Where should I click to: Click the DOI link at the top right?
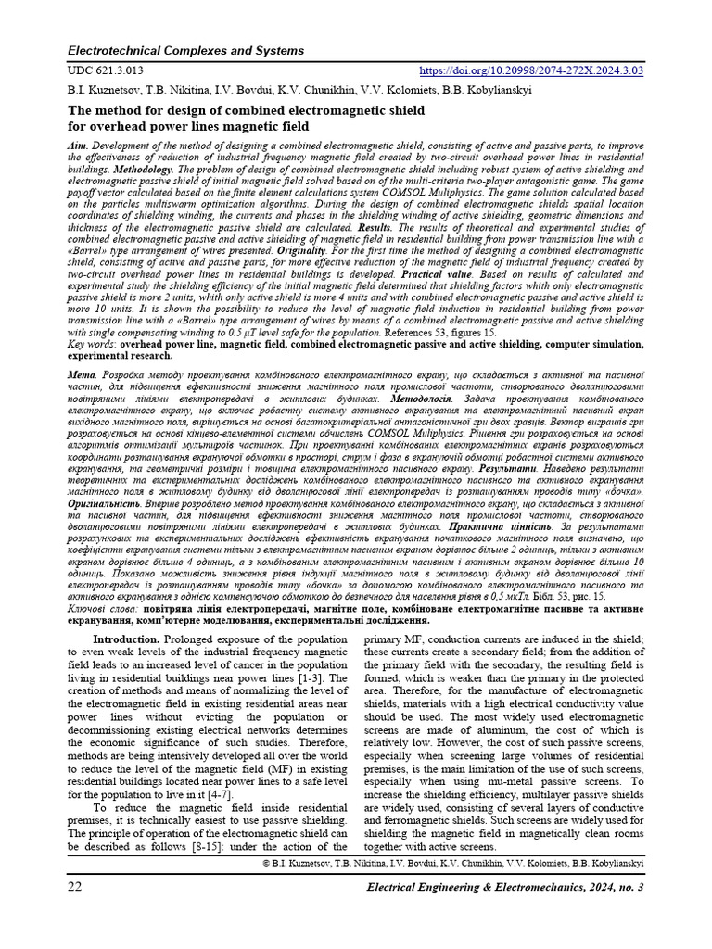(x=532, y=70)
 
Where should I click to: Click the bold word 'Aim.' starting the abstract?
(x=80, y=147)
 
